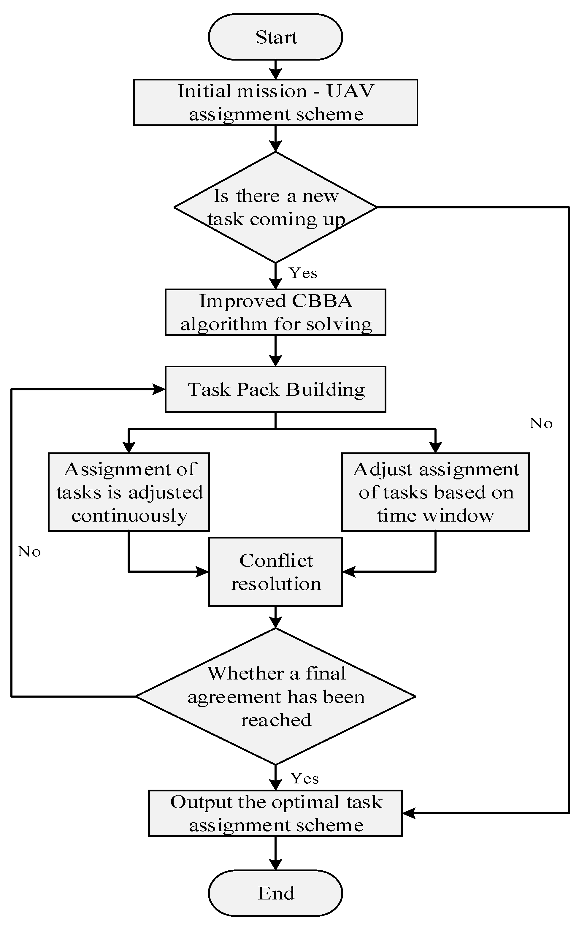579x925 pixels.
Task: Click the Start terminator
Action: pos(275,37)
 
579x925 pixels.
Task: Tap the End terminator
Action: pos(275,893)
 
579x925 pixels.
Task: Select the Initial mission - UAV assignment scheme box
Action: pos(275,102)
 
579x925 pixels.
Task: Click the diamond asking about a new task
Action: pos(275,207)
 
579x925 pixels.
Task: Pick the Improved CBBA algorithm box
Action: pos(275,312)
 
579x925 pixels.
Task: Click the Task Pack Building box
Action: pos(275,389)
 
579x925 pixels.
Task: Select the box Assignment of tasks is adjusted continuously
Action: pos(129,492)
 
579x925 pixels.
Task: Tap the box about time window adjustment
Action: pos(435,492)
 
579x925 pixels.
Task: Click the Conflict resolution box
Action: pos(275,572)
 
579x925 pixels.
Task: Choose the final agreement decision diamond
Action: pos(275,696)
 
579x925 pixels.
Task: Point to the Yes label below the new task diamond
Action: pos(303,273)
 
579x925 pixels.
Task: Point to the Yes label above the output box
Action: pos(304,779)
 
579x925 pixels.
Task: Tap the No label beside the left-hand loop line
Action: pos(29,552)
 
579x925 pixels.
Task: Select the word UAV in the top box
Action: pos(350,91)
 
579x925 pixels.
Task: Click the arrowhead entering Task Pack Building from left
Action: pos(158,389)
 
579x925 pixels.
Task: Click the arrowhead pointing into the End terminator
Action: pos(275,864)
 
